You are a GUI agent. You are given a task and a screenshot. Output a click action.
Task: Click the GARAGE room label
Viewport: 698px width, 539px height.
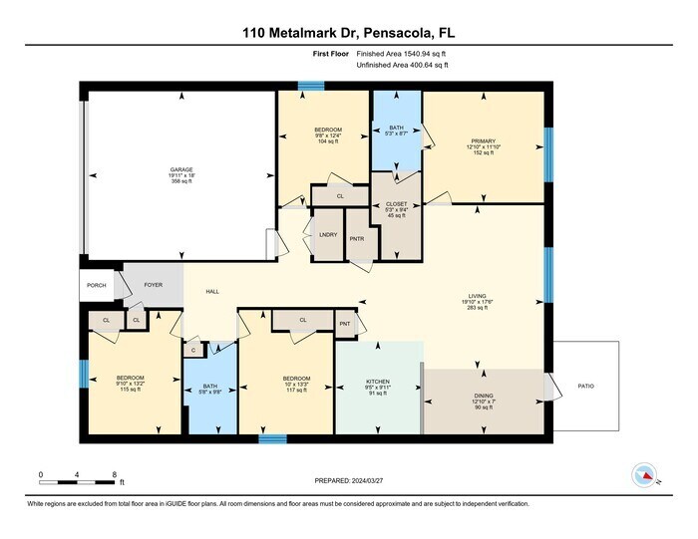pyautogui.click(x=180, y=170)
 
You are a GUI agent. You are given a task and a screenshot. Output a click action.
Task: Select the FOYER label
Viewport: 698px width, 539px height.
pyautogui.click(x=153, y=285)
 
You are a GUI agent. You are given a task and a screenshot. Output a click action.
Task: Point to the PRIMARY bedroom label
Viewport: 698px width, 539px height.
pyautogui.click(x=484, y=142)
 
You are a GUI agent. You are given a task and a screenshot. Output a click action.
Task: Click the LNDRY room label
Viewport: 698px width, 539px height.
pyautogui.click(x=327, y=235)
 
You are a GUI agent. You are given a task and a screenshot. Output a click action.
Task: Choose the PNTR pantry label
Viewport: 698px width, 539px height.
pyautogui.click(x=356, y=239)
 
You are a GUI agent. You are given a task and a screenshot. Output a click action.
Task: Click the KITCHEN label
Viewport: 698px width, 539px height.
pyautogui.click(x=377, y=381)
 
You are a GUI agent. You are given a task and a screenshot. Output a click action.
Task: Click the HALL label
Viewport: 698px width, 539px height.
pyautogui.click(x=212, y=292)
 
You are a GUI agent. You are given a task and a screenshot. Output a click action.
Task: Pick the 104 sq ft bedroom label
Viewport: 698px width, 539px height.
pyautogui.click(x=328, y=131)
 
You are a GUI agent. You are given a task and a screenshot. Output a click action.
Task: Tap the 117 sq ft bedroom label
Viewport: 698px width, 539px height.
pyautogui.click(x=295, y=379)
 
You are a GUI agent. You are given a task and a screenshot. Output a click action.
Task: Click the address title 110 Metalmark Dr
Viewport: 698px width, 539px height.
pyautogui.click(x=348, y=33)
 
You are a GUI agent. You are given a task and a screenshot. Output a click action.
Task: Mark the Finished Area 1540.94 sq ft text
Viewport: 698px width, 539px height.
pyautogui.click(x=402, y=56)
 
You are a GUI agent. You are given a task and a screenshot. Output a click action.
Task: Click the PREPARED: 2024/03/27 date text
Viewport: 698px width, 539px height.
pyautogui.click(x=348, y=480)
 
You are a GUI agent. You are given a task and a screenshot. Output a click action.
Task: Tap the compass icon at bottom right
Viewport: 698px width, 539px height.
pyautogui.click(x=643, y=476)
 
